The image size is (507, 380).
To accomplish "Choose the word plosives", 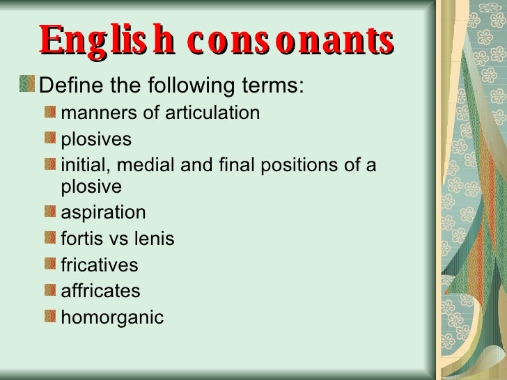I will pyautogui.click(x=96, y=139).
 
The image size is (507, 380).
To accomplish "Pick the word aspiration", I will pyautogui.click(x=104, y=212).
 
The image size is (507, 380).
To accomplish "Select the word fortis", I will pyautogui.click(x=82, y=239).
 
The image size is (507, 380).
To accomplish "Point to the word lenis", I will pyautogui.click(x=153, y=239).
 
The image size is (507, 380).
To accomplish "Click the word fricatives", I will pyautogui.click(x=100, y=265).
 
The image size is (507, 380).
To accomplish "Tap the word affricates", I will pyautogui.click(x=101, y=291).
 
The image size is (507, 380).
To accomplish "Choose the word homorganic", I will pyautogui.click(x=112, y=318).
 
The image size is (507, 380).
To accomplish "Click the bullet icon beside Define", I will pyautogui.click(x=27, y=84).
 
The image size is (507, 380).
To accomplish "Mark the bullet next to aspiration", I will pyautogui.click(x=49, y=211).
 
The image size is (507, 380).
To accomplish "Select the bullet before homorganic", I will pyautogui.click(x=49, y=317).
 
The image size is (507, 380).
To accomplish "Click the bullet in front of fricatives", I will pyautogui.click(x=49, y=264).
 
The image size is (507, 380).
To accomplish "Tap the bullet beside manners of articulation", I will pyautogui.click(x=49, y=111).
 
